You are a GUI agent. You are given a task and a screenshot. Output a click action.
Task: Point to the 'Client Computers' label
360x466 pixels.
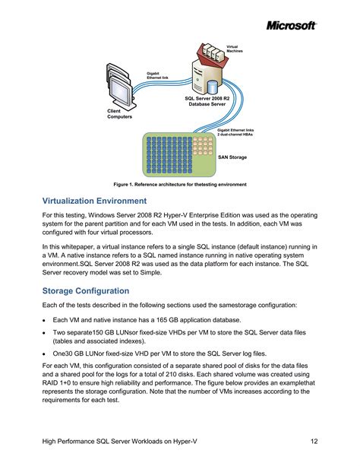coord(119,115)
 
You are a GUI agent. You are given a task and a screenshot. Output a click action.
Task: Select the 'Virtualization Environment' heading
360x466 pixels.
coord(95,201)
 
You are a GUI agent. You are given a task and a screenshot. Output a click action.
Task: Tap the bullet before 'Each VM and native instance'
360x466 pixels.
coord(44,320)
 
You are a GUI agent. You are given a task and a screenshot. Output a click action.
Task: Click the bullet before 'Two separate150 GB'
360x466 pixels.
coord(44,333)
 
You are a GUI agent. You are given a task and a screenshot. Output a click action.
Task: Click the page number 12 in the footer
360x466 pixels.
coord(314,442)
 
